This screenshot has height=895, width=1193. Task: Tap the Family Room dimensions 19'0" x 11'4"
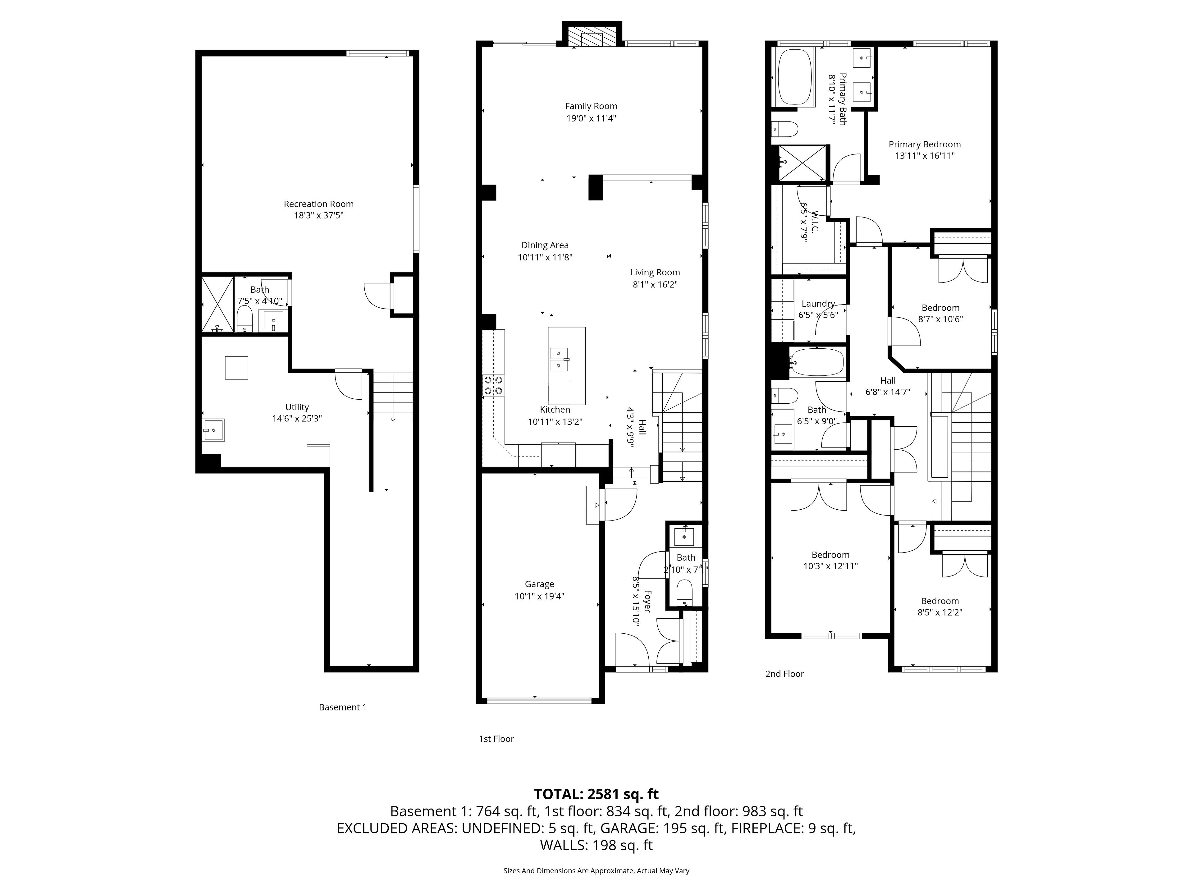[x=591, y=118]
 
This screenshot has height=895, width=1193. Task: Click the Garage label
[x=539, y=584]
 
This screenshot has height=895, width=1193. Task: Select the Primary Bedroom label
[x=924, y=144]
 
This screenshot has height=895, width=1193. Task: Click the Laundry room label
[x=818, y=304]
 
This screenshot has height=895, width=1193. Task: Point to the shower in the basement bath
[x=218, y=304]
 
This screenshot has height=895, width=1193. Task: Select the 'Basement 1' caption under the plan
[x=342, y=707]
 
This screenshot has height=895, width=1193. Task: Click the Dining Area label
[x=545, y=246]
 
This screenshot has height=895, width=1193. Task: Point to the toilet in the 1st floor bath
[x=684, y=591]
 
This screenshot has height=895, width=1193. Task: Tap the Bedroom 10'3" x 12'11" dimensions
[x=830, y=566]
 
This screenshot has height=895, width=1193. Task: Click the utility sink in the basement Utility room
[x=213, y=430]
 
